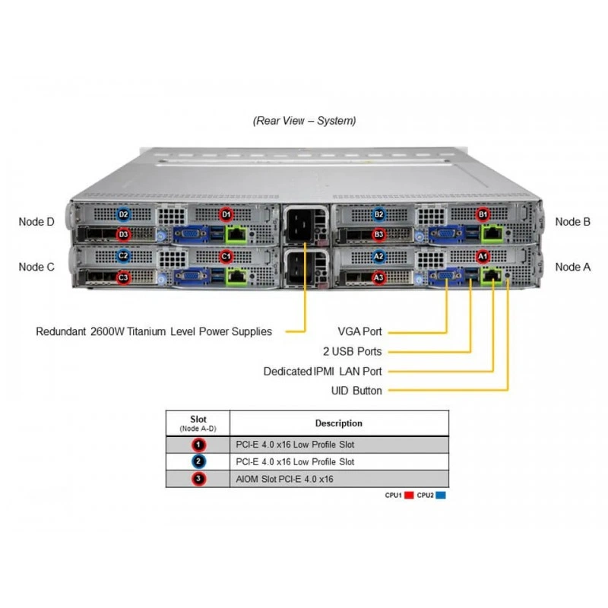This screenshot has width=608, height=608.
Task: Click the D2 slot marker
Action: tap(123, 214)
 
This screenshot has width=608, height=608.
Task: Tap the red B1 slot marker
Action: tap(483, 214)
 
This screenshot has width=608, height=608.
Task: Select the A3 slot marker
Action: tap(378, 277)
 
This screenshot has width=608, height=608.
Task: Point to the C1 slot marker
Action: tap(226, 256)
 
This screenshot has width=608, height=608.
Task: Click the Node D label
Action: tap(36, 222)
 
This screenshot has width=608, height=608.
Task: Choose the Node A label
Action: tap(573, 267)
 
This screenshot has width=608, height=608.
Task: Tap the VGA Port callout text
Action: tap(359, 331)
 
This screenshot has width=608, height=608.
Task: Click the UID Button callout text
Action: tap(356, 391)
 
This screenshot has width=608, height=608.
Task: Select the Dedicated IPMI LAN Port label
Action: tap(322, 372)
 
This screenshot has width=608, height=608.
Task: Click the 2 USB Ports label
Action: tap(353, 351)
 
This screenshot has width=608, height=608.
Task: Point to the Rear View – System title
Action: tap(305, 121)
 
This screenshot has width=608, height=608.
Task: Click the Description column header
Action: tap(338, 423)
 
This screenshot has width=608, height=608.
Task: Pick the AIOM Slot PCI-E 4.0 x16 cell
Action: tap(284, 479)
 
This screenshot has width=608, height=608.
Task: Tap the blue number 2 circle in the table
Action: tap(198, 461)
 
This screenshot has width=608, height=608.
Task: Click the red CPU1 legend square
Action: tap(409, 496)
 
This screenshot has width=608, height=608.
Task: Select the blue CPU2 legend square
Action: tap(441, 496)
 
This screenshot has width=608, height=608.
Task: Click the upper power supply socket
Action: tap(299, 224)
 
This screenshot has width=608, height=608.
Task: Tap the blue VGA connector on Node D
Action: tap(192, 234)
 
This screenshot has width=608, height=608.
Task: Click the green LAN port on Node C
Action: tap(236, 277)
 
